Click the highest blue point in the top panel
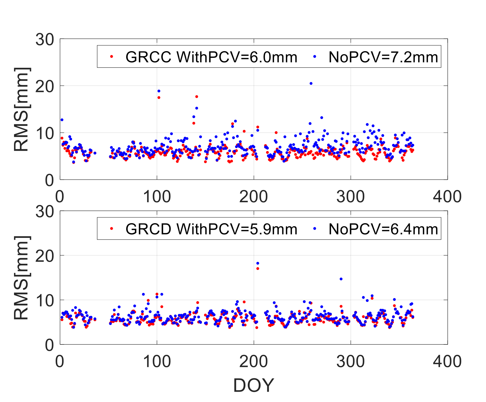311,83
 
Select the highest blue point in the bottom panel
258,263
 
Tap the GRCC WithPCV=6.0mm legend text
211,57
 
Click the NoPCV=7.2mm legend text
383,57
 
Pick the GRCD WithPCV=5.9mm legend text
211,229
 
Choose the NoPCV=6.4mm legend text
383,229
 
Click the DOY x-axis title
254,385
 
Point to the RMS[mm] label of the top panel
22,110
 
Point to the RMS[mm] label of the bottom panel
22,278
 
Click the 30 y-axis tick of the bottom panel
45,211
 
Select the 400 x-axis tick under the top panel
447,197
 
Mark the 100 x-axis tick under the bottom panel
157,361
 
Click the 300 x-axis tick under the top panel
350,197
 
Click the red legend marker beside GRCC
112,57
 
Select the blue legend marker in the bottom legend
314,229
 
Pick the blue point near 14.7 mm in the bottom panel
341,279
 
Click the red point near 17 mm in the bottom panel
258,268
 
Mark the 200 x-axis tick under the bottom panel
254,361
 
